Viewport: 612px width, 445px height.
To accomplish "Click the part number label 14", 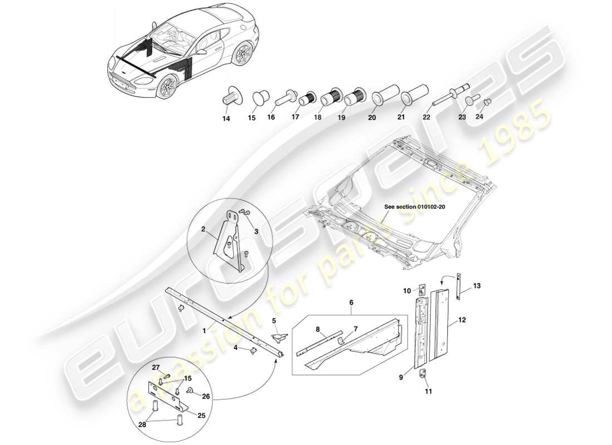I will (x=225, y=118).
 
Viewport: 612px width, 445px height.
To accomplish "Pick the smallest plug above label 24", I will (x=488, y=101).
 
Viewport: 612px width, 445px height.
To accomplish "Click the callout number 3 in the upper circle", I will (x=255, y=231).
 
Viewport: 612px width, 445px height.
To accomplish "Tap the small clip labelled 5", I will (x=279, y=337).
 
